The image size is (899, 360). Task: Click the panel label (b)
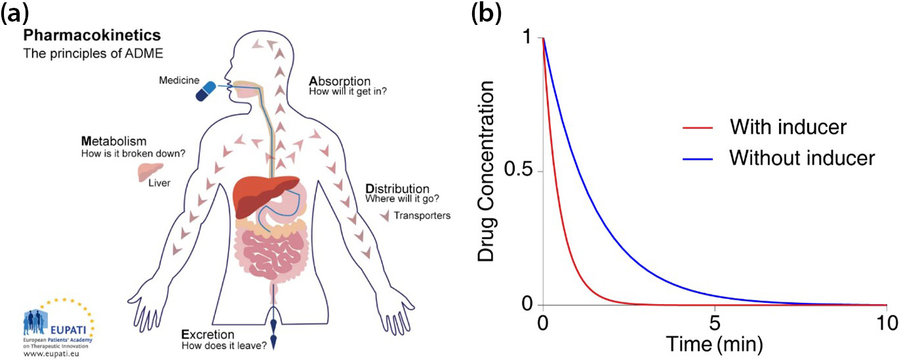point(487,14)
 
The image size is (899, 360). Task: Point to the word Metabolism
point(113,142)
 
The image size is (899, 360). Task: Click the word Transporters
point(424,215)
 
